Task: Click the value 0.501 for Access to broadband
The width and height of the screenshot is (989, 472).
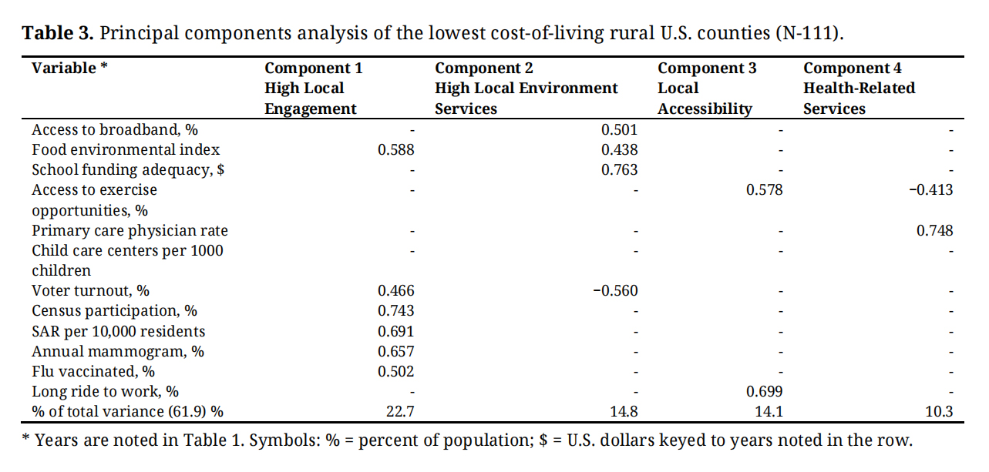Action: (619, 129)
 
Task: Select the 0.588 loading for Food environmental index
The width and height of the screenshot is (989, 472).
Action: (395, 149)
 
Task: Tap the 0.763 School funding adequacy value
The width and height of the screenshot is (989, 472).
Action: (619, 169)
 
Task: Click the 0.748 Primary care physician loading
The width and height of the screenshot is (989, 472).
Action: (934, 230)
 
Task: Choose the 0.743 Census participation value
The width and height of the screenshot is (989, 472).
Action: (395, 310)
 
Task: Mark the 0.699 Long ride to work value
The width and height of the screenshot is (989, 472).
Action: (764, 392)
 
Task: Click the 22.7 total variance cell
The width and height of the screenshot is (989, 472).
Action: (400, 412)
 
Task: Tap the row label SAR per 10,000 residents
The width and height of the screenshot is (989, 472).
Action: (119, 331)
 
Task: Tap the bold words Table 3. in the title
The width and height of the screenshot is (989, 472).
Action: (59, 34)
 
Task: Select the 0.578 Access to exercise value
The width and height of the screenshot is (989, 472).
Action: (764, 189)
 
